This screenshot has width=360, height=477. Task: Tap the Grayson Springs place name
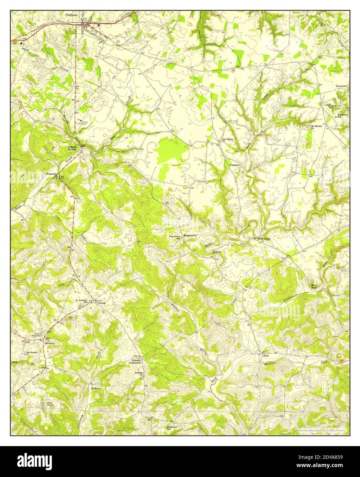(72, 148)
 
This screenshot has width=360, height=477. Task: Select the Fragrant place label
(234, 165)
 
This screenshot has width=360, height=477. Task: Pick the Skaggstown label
(190, 236)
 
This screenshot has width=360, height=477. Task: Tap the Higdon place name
(217, 252)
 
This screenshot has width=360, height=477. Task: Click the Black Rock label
(314, 286)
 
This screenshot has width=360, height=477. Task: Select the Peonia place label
(101, 303)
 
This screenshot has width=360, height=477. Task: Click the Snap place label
(266, 356)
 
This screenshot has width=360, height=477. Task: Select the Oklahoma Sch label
(172, 428)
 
